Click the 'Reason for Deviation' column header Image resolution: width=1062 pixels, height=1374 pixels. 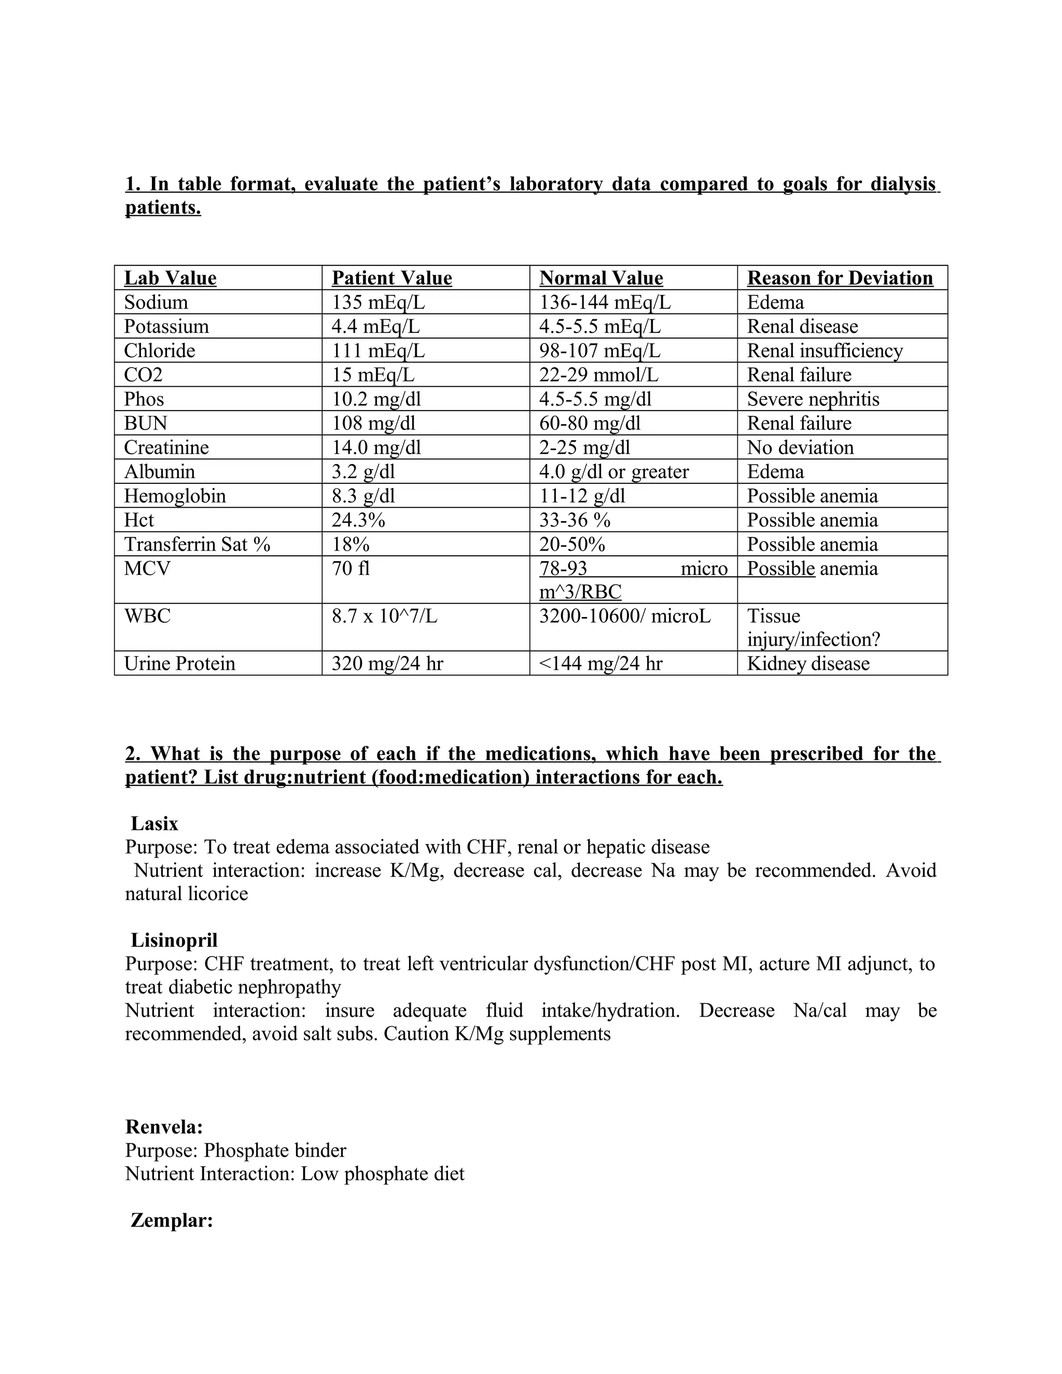(x=840, y=278)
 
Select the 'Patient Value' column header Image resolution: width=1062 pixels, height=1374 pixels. (x=392, y=278)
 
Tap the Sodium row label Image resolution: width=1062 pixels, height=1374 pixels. (x=156, y=303)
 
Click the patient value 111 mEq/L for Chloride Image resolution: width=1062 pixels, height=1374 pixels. (x=378, y=351)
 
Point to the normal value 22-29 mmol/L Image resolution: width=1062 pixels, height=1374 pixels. (x=598, y=375)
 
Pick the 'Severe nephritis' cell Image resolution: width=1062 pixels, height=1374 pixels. (x=813, y=399)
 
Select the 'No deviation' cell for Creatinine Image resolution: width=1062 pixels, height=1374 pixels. (x=800, y=448)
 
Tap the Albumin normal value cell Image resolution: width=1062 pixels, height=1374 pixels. (x=613, y=472)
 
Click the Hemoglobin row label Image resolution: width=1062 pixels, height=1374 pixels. (x=174, y=496)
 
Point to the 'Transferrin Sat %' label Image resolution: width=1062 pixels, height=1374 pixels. (x=197, y=545)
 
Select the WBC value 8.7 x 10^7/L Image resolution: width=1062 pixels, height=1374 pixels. (x=384, y=616)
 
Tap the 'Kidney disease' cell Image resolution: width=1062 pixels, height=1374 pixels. (x=808, y=664)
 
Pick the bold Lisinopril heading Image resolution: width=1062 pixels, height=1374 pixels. (x=174, y=940)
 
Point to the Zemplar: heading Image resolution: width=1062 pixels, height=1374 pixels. (x=172, y=1221)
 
